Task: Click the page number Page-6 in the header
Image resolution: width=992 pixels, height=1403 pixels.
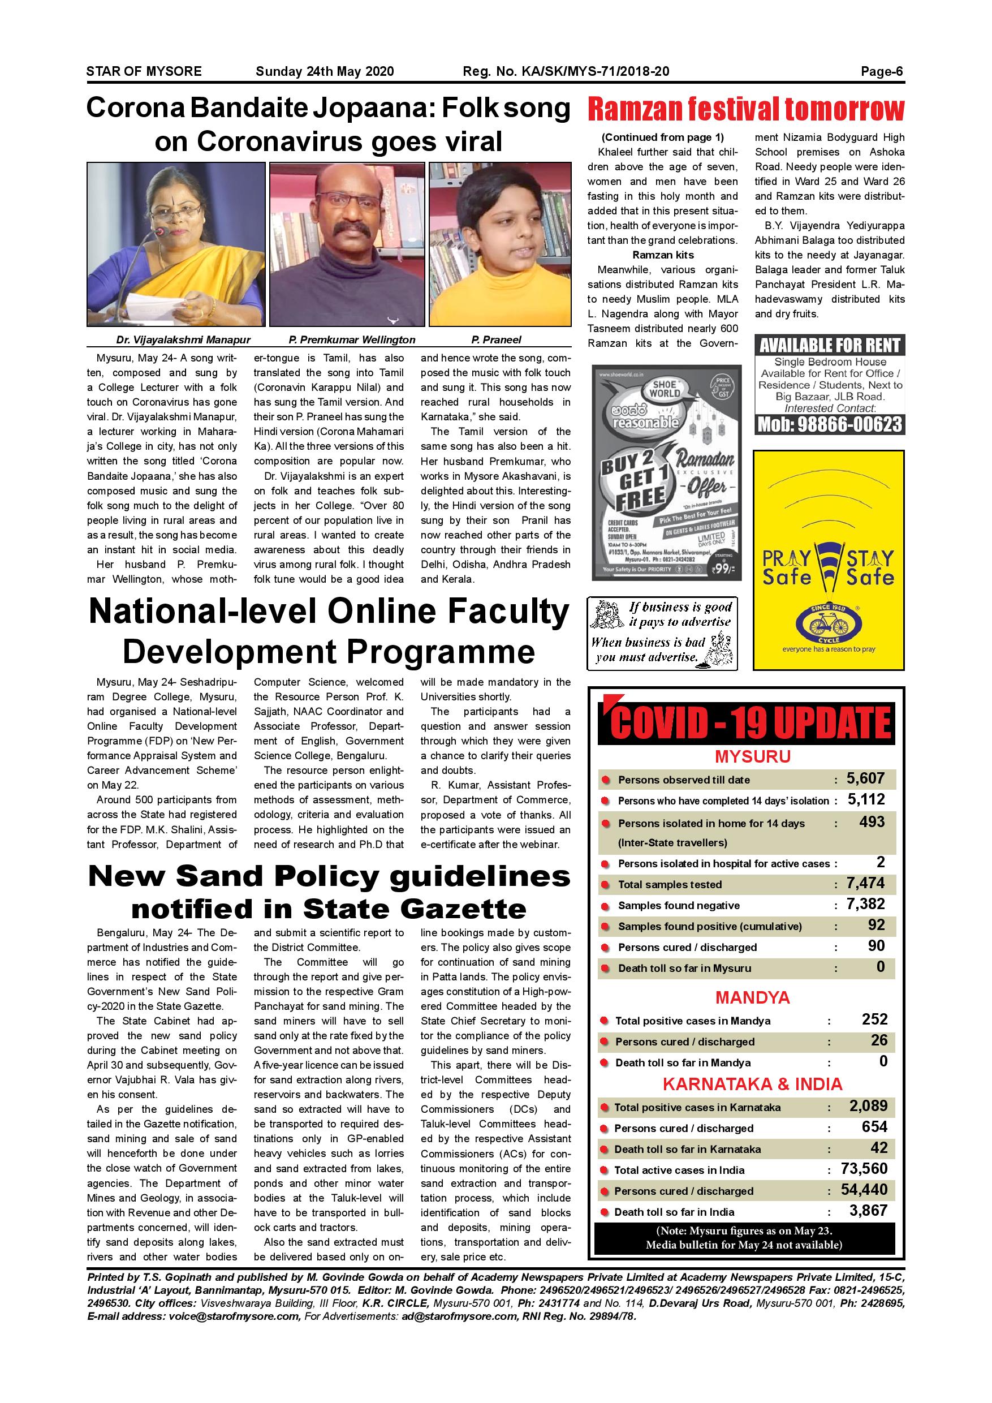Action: click(882, 71)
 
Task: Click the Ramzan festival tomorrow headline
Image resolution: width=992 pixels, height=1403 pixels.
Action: click(745, 110)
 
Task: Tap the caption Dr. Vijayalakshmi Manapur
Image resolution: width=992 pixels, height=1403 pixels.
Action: click(183, 340)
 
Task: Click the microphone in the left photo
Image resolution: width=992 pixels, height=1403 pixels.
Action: click(161, 232)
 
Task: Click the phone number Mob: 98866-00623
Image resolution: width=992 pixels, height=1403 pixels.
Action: click(830, 425)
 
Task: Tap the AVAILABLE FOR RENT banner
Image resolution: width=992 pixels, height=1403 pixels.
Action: click(830, 345)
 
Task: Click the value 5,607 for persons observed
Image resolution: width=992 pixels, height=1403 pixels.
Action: click(865, 778)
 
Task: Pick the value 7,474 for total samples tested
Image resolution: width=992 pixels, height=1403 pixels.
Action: click(865, 883)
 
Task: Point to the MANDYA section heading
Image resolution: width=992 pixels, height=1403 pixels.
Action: click(753, 998)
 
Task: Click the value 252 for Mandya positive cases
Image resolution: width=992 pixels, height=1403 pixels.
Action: click(874, 1019)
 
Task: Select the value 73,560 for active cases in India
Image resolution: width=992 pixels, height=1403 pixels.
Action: click(864, 1169)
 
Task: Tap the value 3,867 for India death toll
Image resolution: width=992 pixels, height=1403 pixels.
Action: click(868, 1211)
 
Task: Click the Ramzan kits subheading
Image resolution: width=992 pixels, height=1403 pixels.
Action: click(663, 255)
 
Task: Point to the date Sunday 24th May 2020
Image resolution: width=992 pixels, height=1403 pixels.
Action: click(325, 71)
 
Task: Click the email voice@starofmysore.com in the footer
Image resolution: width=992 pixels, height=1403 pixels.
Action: click(235, 1316)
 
